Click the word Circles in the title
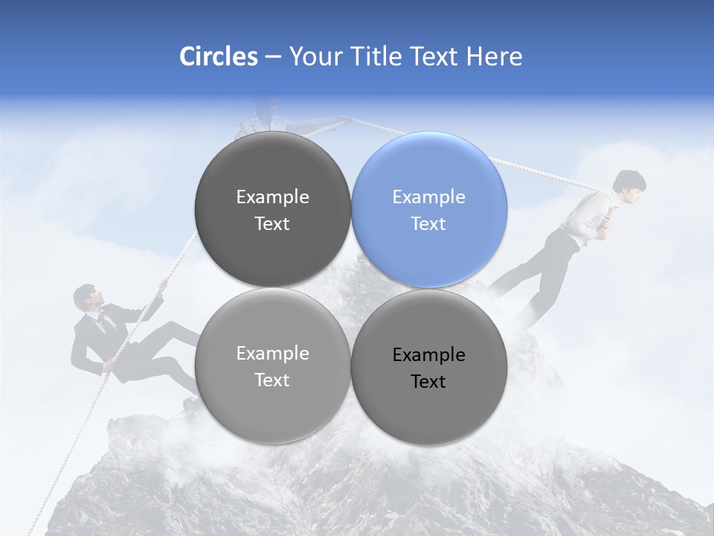218,57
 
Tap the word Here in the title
495,57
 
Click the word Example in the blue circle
429,197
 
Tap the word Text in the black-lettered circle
428,382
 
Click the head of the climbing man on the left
86,298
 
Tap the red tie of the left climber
106,322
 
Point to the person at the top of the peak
267,118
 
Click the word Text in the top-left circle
272,224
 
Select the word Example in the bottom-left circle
272,354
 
